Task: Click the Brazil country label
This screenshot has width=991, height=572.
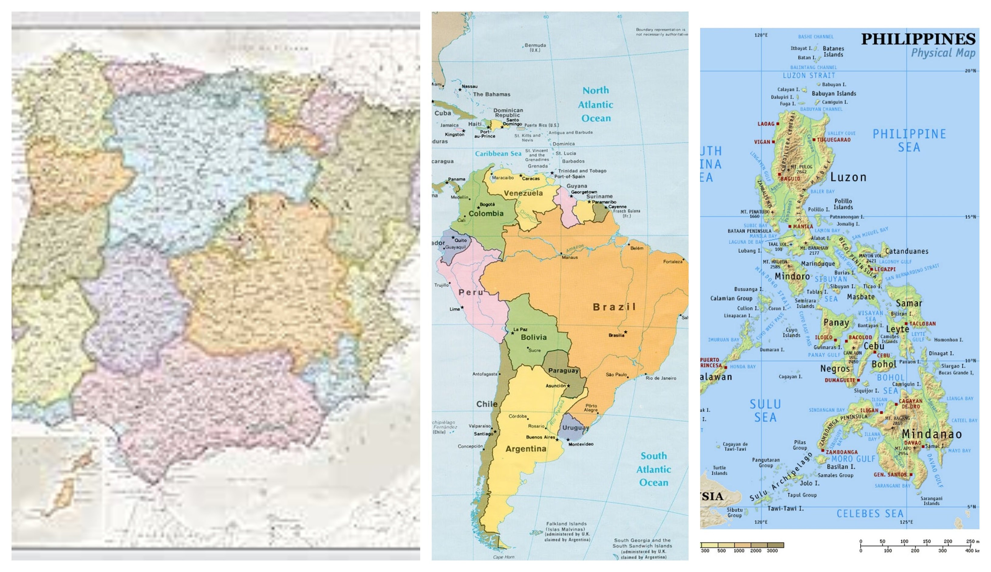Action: [614, 307]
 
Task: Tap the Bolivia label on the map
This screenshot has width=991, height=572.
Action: [533, 337]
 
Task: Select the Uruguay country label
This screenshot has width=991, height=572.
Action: [576, 427]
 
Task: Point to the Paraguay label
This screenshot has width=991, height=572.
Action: [563, 371]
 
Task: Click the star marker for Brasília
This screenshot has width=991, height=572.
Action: [626, 332]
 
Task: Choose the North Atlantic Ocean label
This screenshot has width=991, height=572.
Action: [596, 104]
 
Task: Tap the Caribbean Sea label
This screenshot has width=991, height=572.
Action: [498, 154]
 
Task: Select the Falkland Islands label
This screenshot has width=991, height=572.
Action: [566, 524]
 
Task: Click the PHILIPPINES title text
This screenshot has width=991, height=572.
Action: [918, 39]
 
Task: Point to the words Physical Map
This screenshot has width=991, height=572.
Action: [943, 53]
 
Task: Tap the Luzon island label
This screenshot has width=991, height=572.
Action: [848, 177]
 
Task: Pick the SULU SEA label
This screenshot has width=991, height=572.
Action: [765, 410]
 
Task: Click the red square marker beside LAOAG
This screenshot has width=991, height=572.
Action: [778, 124]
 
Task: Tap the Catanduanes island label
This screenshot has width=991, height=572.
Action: [906, 251]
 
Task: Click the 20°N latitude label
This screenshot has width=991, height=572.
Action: [970, 71]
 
